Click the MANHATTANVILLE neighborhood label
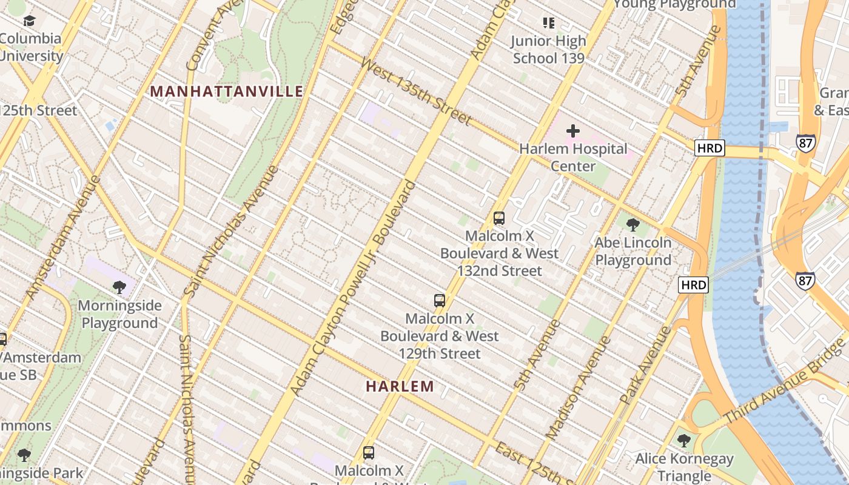pos(226,92)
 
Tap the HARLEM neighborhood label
pos(400,386)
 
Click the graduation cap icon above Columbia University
pos(29,21)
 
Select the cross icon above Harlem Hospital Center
pos(572,130)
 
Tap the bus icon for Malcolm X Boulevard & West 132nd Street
pos(499,218)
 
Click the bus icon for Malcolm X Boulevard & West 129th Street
pos(440,300)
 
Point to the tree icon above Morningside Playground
pos(119,287)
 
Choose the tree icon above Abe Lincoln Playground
pos(633,225)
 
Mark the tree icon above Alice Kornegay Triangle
pos(684,441)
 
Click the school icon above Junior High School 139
pos(548,23)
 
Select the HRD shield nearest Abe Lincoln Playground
pos(693,285)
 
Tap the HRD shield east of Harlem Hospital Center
pos(710,148)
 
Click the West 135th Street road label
pos(415,91)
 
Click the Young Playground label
pos(674,5)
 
